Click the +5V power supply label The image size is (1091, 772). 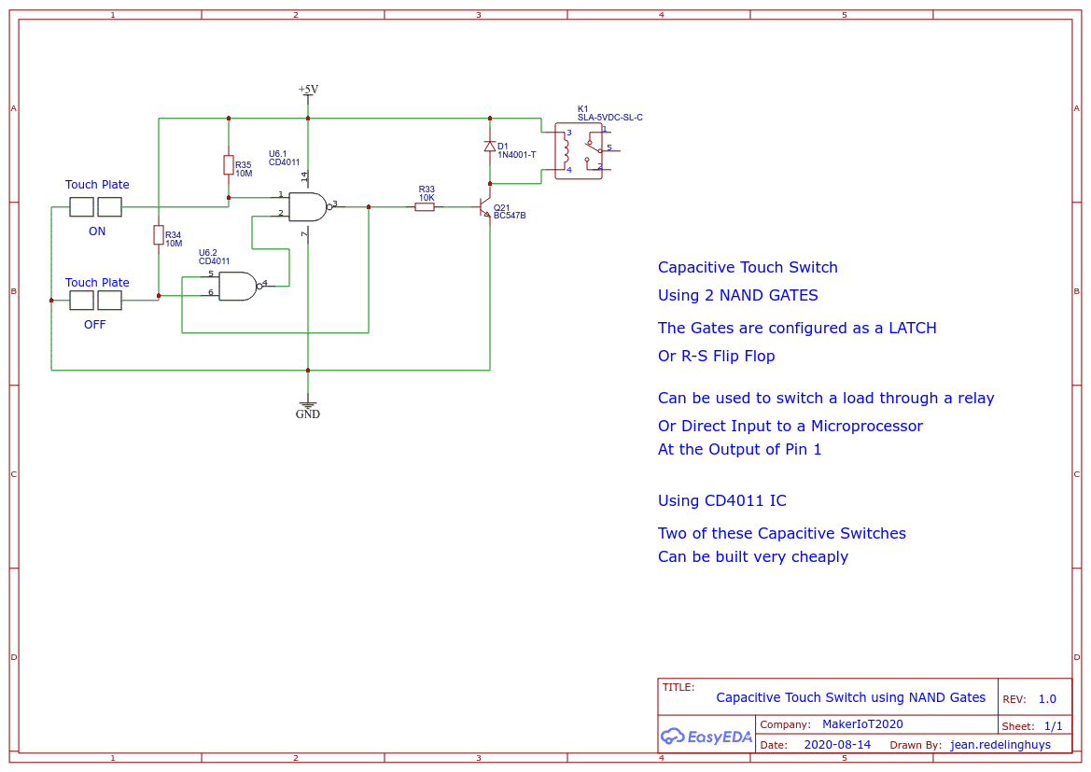(308, 90)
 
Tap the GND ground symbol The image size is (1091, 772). (308, 409)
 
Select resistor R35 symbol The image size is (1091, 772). (229, 165)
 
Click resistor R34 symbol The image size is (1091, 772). (159, 235)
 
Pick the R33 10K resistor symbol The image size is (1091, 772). (425, 207)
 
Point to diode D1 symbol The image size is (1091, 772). (490, 147)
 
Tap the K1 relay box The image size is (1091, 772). (579, 151)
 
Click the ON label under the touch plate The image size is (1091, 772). (97, 232)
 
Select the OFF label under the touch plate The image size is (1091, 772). (95, 325)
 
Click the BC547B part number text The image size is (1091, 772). (510, 216)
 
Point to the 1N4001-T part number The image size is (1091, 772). (517, 155)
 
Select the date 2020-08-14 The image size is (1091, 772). (837, 745)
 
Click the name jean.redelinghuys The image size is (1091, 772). (1000, 745)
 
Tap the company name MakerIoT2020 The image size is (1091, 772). (862, 724)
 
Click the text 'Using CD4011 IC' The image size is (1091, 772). (721, 501)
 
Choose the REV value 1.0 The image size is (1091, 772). (1047, 699)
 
